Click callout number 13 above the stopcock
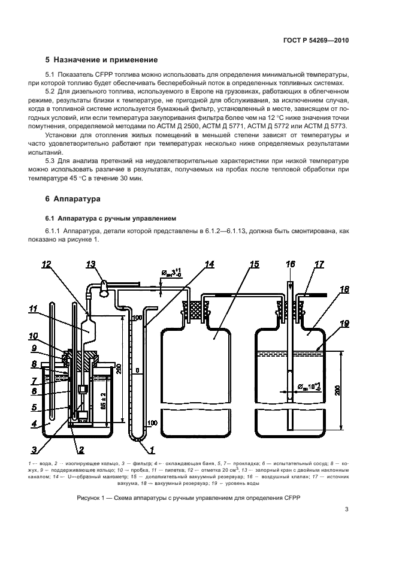pyautogui.click(x=91, y=264)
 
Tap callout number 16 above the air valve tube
pyautogui.click(x=291, y=264)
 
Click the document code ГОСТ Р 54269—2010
pyautogui.click(x=316, y=41)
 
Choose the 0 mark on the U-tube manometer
pyautogui.click(x=138, y=372)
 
